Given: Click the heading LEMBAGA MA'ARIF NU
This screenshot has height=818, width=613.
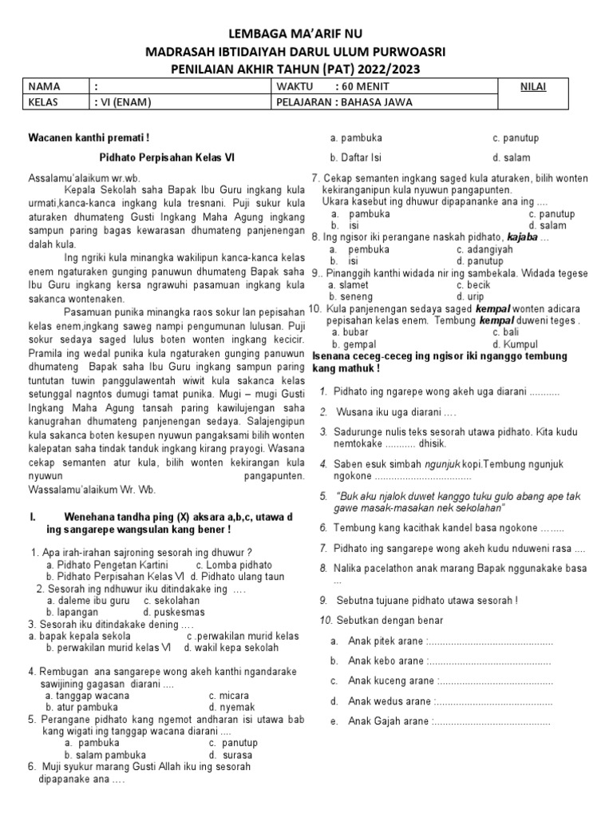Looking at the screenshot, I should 306,33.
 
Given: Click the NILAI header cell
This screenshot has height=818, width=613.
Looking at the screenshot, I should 534,86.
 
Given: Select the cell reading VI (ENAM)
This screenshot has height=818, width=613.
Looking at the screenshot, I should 123,102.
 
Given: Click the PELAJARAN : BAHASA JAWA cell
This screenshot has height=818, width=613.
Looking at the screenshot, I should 345,102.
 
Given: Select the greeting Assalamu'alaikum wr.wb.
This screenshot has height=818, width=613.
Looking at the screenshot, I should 84,177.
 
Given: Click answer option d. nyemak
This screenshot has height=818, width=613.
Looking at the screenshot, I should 232,707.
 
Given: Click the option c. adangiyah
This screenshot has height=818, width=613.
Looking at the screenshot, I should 484,249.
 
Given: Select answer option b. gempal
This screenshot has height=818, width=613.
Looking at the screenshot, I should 348,344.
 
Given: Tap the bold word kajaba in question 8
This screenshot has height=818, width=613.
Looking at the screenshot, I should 523,237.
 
